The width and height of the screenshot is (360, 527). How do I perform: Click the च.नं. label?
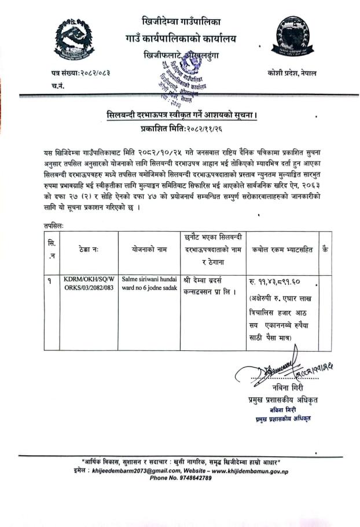click(x=58, y=86)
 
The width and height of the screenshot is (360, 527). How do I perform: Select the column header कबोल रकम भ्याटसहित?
click(x=282, y=250)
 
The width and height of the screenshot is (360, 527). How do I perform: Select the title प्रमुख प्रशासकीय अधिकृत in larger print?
click(x=275, y=399)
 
